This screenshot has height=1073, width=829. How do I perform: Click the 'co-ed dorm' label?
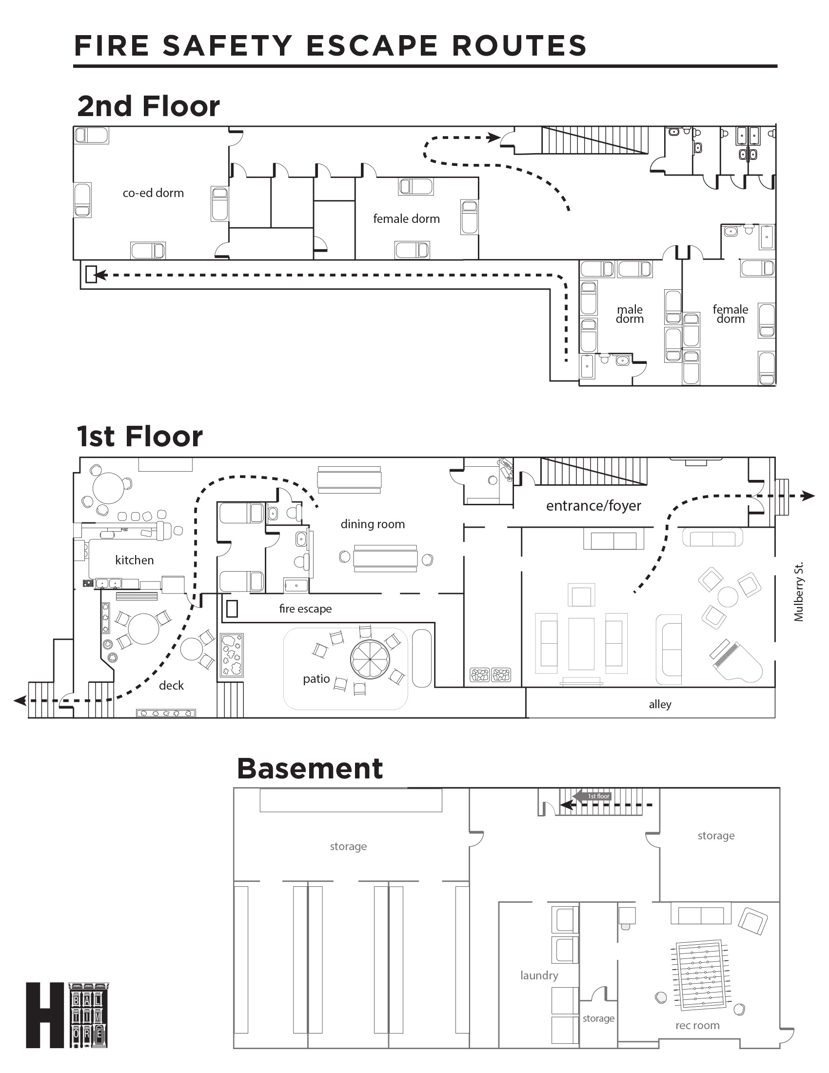153,193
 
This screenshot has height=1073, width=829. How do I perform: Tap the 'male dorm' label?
630,314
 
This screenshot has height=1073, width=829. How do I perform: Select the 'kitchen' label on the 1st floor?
134,560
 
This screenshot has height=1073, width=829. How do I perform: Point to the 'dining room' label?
373,524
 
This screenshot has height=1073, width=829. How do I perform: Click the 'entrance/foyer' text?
593,506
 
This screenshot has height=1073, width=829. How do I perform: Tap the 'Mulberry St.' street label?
799,592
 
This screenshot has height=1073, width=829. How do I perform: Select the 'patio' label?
316,679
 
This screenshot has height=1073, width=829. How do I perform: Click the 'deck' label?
171,685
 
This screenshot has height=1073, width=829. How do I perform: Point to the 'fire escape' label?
305,609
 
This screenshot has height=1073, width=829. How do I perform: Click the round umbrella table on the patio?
370,658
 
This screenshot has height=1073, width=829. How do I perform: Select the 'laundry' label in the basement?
539,975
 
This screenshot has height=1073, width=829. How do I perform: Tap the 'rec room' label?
697,1025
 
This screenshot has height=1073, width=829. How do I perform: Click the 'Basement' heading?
310,768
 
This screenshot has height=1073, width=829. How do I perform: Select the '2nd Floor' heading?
148,106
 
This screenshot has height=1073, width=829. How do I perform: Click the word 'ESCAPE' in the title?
371,46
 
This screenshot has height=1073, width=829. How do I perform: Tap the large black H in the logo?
45,1015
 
